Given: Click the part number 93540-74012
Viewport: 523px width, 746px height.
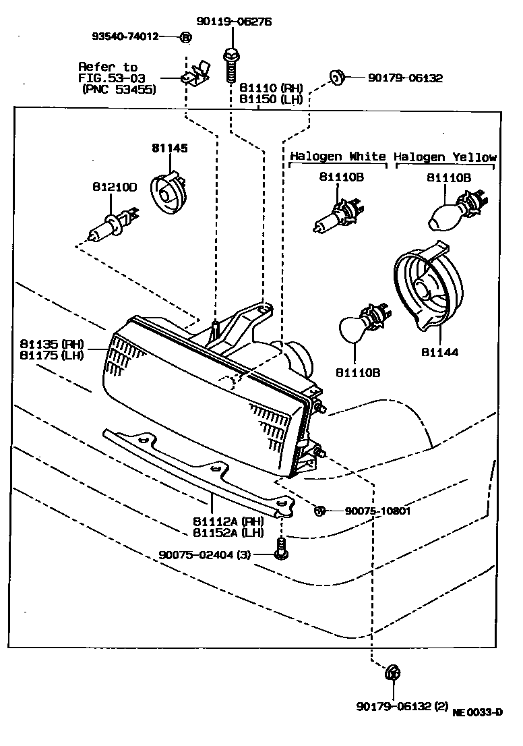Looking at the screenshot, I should point(125,36).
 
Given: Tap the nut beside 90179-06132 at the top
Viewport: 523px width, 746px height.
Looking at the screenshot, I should point(338,77).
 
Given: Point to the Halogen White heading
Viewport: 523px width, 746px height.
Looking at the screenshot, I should point(338,156).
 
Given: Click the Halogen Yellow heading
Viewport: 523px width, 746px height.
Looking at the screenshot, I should point(445,156).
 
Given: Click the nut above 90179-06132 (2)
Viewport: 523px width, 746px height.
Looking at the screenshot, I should point(393,672).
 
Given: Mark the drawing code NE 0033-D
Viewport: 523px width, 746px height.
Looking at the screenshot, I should point(477,712).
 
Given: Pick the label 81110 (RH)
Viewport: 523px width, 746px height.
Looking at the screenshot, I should point(270,88).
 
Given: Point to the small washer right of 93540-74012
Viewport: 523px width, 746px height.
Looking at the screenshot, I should point(186,36).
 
